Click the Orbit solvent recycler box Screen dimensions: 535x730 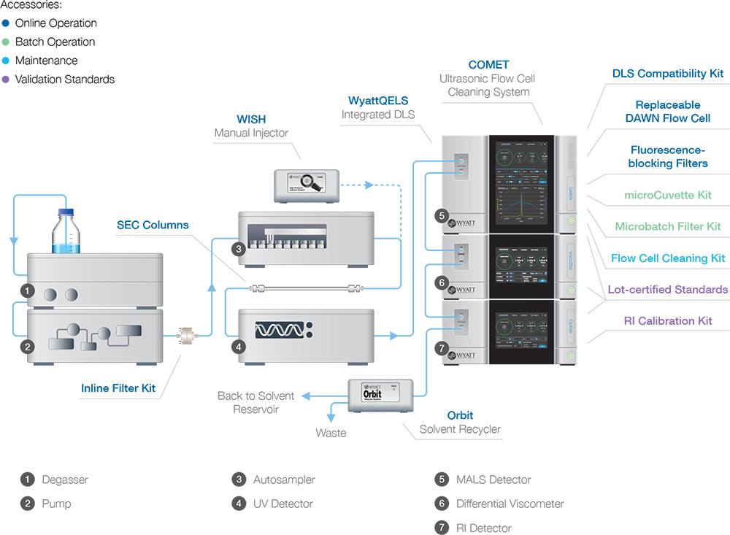[382, 394]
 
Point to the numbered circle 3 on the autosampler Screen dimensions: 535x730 [239, 249]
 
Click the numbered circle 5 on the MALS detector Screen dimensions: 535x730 [441, 215]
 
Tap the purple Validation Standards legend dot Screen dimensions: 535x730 [6, 80]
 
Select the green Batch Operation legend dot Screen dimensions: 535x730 [6, 42]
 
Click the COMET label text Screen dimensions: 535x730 [488, 65]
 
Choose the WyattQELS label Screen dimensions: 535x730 [377, 100]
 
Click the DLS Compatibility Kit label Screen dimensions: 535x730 [668, 74]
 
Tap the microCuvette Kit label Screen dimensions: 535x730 [667, 195]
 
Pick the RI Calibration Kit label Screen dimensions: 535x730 [668, 320]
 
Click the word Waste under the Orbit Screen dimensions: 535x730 [331, 433]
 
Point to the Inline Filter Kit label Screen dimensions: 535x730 [118, 388]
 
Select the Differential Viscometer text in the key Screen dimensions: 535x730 [510, 504]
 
